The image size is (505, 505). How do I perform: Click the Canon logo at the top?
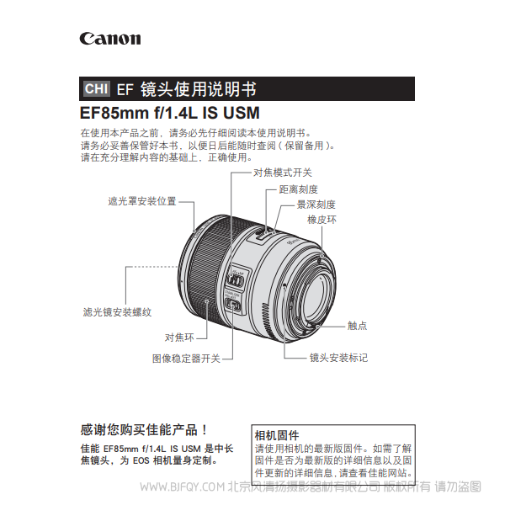click(x=110, y=39)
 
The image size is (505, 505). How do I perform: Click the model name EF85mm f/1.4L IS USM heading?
click(x=169, y=112)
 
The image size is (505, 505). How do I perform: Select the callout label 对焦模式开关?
click(x=283, y=172)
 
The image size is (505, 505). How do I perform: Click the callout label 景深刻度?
click(x=316, y=205)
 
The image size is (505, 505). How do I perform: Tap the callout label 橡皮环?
click(x=322, y=220)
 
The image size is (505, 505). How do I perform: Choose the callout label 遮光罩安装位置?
click(x=142, y=201)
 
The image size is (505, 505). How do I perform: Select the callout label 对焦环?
click(x=179, y=338)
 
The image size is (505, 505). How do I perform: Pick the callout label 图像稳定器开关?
click(x=186, y=358)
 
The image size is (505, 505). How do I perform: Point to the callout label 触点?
click(x=357, y=325)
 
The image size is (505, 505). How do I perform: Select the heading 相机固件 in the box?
click(x=277, y=435)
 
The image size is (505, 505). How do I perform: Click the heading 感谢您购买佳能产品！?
click(x=143, y=428)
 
